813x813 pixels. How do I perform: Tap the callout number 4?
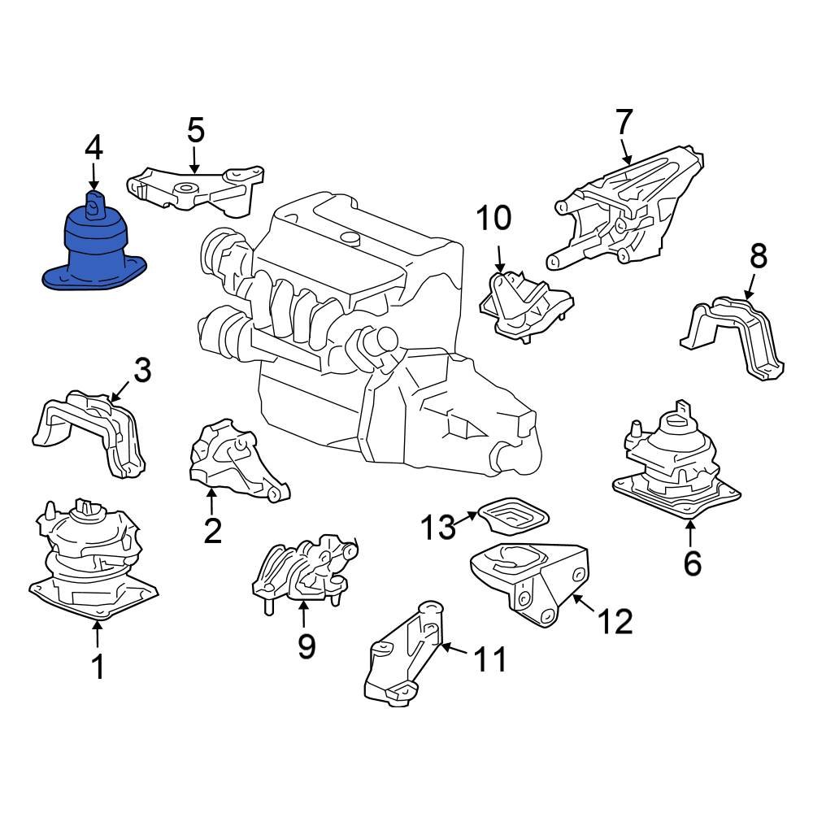pos(93,148)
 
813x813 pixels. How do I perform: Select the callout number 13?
pos(437,527)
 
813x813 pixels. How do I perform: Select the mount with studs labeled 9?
pos(305,569)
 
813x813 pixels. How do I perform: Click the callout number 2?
pos(212,530)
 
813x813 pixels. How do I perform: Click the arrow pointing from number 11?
pos(457,650)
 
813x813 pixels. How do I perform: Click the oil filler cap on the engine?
pos(350,237)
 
